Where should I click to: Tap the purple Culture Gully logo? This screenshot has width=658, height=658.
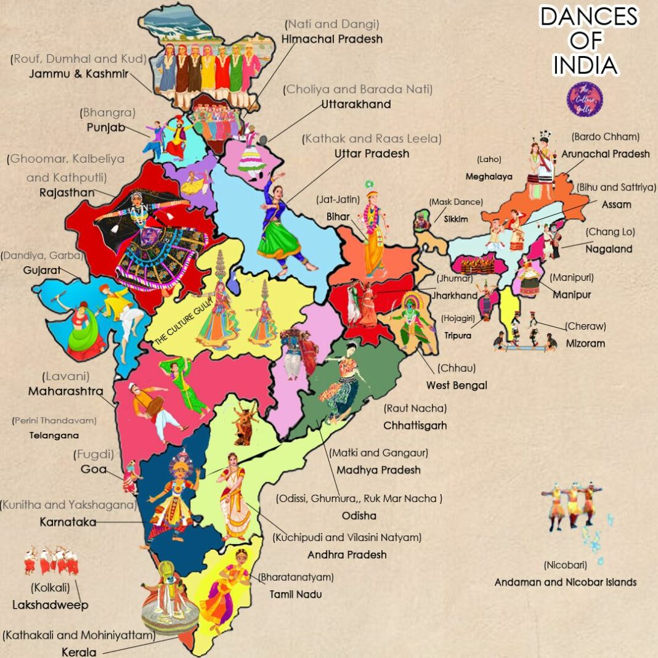pyautogui.click(x=584, y=99)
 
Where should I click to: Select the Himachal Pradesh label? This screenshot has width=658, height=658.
pyautogui.click(x=332, y=39)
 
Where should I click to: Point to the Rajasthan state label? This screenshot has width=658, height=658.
pyautogui.click(x=67, y=192)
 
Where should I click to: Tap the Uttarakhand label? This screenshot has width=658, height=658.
pyautogui.click(x=356, y=104)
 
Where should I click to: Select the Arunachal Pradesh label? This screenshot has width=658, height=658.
pyautogui.click(x=606, y=153)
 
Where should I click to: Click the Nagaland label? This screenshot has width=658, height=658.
pyautogui.click(x=609, y=249)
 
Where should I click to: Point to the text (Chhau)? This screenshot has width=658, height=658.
pyautogui.click(x=457, y=368)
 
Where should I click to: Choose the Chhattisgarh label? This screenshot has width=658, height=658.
pyautogui.click(x=415, y=425)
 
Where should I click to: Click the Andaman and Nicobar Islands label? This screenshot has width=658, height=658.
pyautogui.click(x=566, y=582)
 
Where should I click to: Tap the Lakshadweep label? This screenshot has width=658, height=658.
pyautogui.click(x=50, y=605)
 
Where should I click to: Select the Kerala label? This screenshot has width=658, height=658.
pyautogui.click(x=79, y=652)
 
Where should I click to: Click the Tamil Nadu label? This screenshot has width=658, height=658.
pyautogui.click(x=296, y=595)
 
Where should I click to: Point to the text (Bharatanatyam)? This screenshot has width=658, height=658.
pyautogui.click(x=296, y=577)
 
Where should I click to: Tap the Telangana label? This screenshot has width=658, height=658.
pyautogui.click(x=54, y=435)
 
